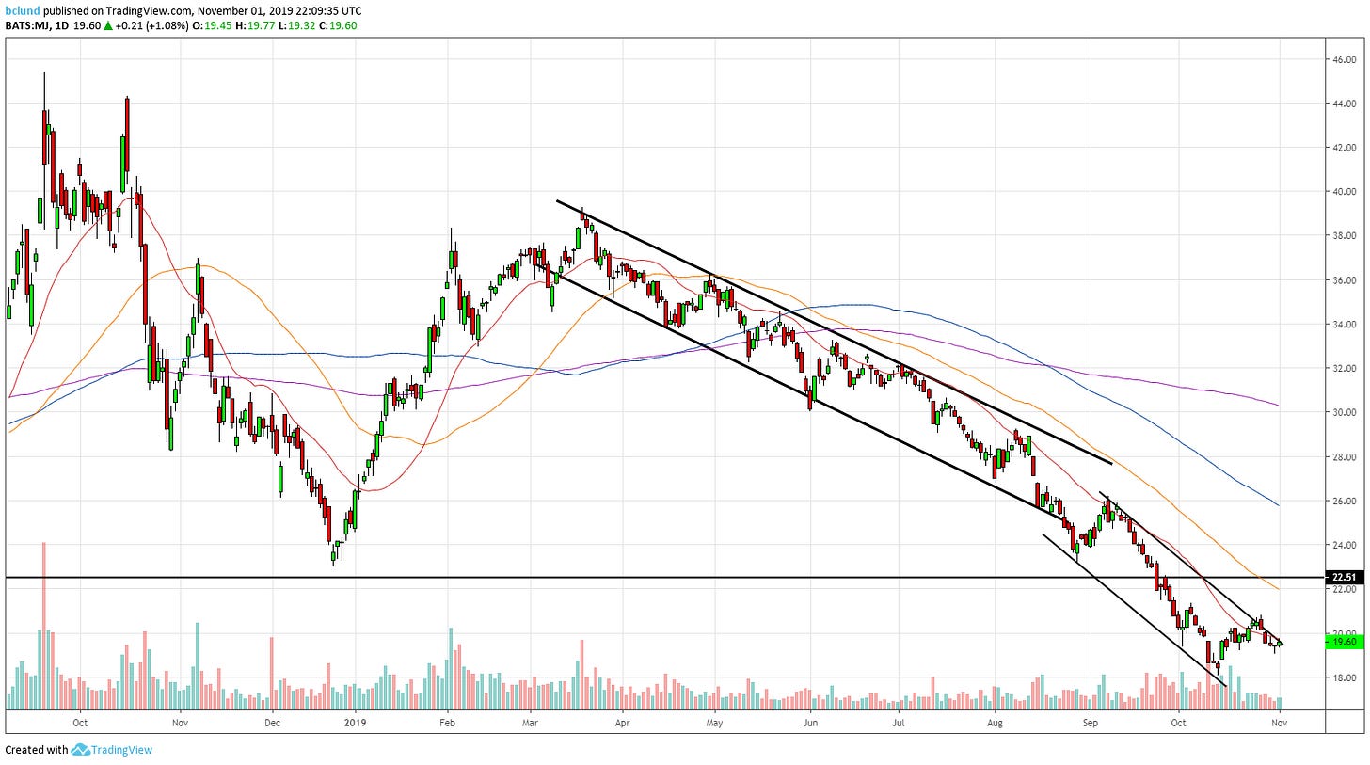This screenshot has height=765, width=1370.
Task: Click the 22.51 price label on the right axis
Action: click(x=1345, y=577)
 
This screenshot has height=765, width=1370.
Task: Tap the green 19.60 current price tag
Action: click(x=1345, y=642)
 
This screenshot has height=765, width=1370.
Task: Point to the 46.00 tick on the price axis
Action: click(x=1345, y=58)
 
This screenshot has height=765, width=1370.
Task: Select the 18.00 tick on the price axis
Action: click(x=1345, y=677)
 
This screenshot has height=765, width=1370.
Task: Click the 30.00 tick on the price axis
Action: click(x=1345, y=412)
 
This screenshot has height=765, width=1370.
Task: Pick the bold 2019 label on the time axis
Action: click(x=355, y=723)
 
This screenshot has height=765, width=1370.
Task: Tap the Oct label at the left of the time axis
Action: click(x=80, y=723)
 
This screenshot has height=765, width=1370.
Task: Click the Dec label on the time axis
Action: click(x=272, y=723)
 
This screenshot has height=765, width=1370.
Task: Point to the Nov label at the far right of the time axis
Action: click(x=1279, y=723)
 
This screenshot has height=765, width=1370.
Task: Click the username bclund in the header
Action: click(x=23, y=10)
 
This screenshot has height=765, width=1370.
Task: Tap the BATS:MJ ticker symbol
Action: click(x=26, y=26)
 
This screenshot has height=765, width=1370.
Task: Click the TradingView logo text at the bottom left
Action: click(x=120, y=750)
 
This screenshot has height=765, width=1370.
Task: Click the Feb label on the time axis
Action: click(x=447, y=723)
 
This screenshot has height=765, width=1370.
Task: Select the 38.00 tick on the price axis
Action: click(x=1345, y=235)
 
